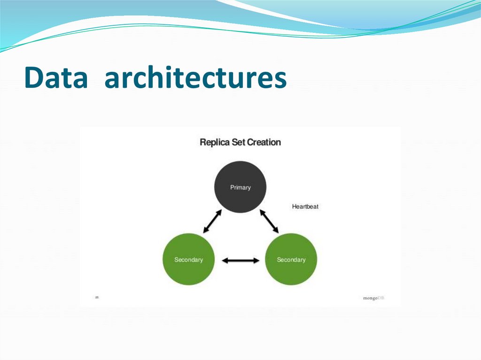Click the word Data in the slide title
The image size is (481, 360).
56,78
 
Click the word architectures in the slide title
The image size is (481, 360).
195,78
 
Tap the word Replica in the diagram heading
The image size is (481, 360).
215,142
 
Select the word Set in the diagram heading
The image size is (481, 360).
239,142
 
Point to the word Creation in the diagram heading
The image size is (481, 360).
264,142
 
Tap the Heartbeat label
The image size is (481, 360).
305,207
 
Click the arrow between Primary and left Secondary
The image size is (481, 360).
212,221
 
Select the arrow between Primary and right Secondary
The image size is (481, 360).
269,221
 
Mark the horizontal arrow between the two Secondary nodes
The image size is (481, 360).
240,260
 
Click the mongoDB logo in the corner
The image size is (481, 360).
373,298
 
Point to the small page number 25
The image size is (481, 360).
97,297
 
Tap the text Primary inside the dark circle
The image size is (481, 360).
240,187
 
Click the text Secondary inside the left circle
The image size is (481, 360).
188,260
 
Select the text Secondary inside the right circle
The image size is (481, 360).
291,260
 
